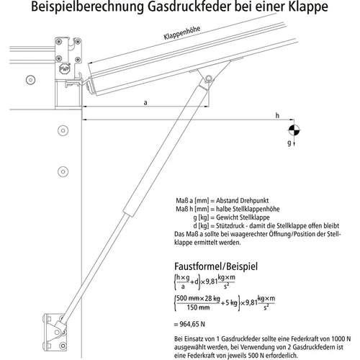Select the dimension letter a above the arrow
(146, 103)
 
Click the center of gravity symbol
(294, 130)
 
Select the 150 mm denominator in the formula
(204, 307)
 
